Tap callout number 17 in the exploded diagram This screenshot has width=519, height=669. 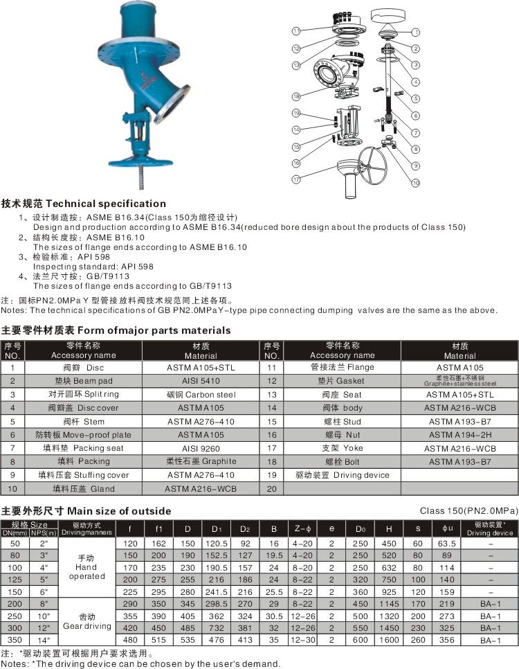point(295,179)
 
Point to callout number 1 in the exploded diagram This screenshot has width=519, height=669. point(416,32)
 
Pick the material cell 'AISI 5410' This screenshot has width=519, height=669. point(201,381)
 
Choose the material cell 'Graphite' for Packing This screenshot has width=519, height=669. point(201,461)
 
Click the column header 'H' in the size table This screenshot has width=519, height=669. point(388,529)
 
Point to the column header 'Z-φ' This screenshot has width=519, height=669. point(302,529)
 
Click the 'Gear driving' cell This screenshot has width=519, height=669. point(87,621)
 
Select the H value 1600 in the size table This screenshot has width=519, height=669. point(388,641)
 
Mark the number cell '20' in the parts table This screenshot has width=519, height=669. point(271,488)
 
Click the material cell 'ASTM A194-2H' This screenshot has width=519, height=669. point(459,435)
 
